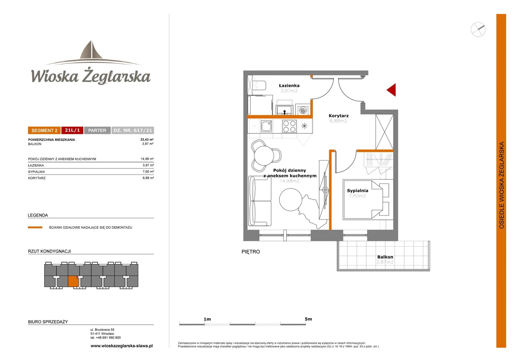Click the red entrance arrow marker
pos(392,90)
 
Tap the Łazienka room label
pos(289,86)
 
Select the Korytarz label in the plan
pos(338,116)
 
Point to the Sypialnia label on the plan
pos(358,191)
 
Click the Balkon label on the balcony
pos(385,257)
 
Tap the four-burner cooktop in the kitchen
pos(289,126)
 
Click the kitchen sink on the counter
pos(267,126)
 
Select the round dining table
pos(264,156)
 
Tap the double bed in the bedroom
pos(363,200)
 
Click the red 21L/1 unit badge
pos(72,130)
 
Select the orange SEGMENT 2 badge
pos(44,130)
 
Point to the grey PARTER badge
pos(97,130)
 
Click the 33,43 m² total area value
pos(147,140)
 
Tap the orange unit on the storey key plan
pos(73,281)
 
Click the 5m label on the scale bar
pos(308,319)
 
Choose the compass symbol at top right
pos(478,29)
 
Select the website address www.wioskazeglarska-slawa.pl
pos(122,346)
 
